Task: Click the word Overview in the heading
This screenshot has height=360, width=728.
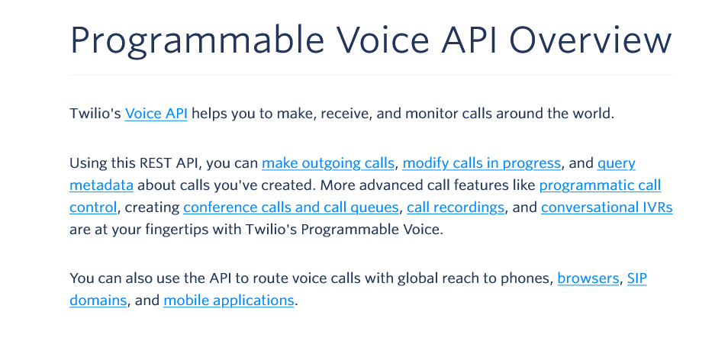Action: [x=591, y=40]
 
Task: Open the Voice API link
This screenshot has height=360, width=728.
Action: [x=156, y=113]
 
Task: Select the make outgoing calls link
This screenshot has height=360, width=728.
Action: [x=328, y=163]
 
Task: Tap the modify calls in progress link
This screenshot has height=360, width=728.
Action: [x=482, y=163]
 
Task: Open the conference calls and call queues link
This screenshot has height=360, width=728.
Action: [x=291, y=207]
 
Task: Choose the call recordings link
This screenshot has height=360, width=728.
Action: [x=456, y=207]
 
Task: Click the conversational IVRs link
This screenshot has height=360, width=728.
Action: [x=607, y=207]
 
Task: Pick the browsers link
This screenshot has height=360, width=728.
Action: [x=588, y=278]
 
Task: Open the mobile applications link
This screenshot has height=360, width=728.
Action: [x=229, y=301]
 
